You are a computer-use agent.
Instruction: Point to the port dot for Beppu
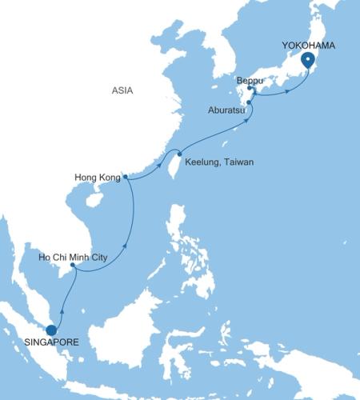pos(250,89)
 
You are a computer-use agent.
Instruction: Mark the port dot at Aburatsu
pos(250,102)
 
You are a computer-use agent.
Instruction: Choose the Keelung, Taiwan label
pos(219,162)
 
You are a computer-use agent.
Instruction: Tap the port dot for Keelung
pos(179,154)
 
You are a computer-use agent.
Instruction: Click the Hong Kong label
pos(96,178)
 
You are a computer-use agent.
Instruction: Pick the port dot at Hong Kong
pos(126,178)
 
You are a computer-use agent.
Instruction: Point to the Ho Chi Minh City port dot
pos(74,269)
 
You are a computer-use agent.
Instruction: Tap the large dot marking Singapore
pos(51,330)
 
